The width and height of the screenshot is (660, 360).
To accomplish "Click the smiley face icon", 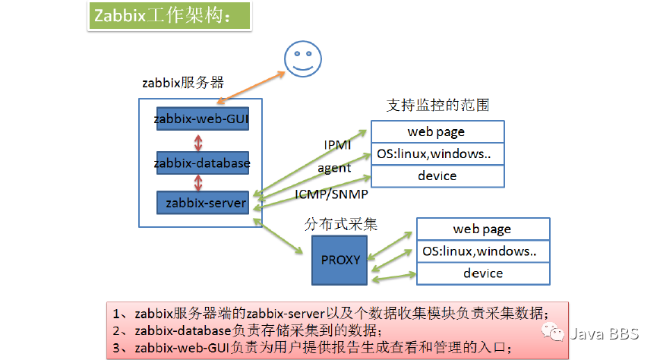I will [x=302, y=58].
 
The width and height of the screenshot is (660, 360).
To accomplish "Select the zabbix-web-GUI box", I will [x=201, y=119].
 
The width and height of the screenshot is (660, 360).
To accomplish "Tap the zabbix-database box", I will [x=201, y=163].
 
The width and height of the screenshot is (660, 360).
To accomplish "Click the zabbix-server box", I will [x=201, y=203].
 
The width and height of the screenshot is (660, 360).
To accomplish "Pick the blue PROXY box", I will [x=339, y=260].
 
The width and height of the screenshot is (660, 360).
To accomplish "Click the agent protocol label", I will [x=334, y=168].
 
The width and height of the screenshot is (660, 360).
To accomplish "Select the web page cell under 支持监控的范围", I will [x=437, y=131].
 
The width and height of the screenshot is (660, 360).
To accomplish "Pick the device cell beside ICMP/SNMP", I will [x=437, y=175].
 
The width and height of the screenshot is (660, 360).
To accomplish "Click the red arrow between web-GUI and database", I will [x=199, y=141].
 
